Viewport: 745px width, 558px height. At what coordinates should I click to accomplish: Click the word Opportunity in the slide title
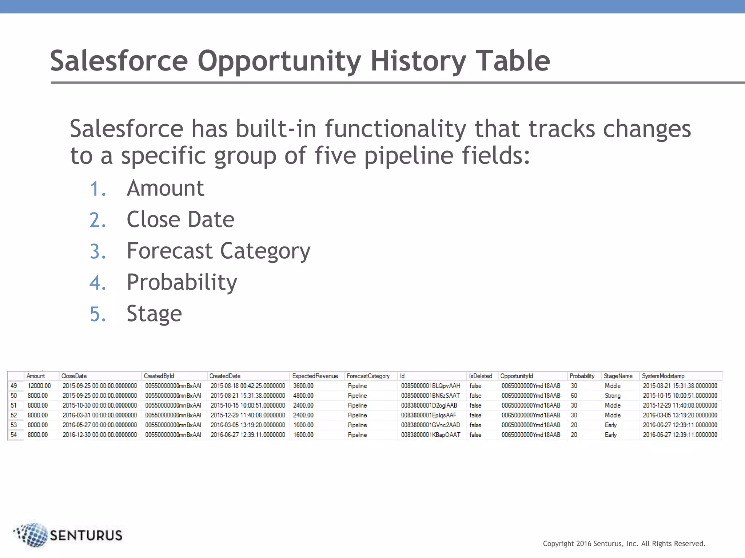tap(279, 61)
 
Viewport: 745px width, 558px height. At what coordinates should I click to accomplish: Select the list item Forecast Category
tap(218, 251)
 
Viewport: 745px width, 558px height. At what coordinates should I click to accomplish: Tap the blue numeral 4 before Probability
tap(97, 283)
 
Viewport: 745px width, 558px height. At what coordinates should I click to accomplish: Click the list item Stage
tap(154, 314)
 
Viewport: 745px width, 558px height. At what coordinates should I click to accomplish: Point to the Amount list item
tap(165, 188)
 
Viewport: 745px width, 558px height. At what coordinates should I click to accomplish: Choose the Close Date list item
tap(180, 219)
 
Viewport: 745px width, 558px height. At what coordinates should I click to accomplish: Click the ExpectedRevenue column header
tap(315, 376)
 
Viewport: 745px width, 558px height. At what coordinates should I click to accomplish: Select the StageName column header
tap(618, 376)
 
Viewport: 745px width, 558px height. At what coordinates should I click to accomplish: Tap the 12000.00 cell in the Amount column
tap(39, 386)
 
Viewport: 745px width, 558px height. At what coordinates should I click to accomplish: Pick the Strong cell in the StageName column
tap(613, 396)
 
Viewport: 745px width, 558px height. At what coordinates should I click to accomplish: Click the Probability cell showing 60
tap(574, 396)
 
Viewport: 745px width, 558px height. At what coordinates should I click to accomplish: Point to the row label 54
tap(14, 435)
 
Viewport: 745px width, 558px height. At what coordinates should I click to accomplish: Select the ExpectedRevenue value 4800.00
tap(303, 396)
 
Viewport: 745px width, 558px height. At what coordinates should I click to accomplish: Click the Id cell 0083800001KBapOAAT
tap(430, 435)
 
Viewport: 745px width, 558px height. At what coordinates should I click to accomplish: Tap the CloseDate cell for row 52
tap(100, 415)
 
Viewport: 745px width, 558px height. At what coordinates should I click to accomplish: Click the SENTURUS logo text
tap(86, 535)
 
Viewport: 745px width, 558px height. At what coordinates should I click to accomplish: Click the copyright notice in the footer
tap(624, 543)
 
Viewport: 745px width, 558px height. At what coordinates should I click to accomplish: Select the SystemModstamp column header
tap(663, 376)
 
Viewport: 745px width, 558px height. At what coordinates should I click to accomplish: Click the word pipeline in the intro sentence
tap(409, 155)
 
